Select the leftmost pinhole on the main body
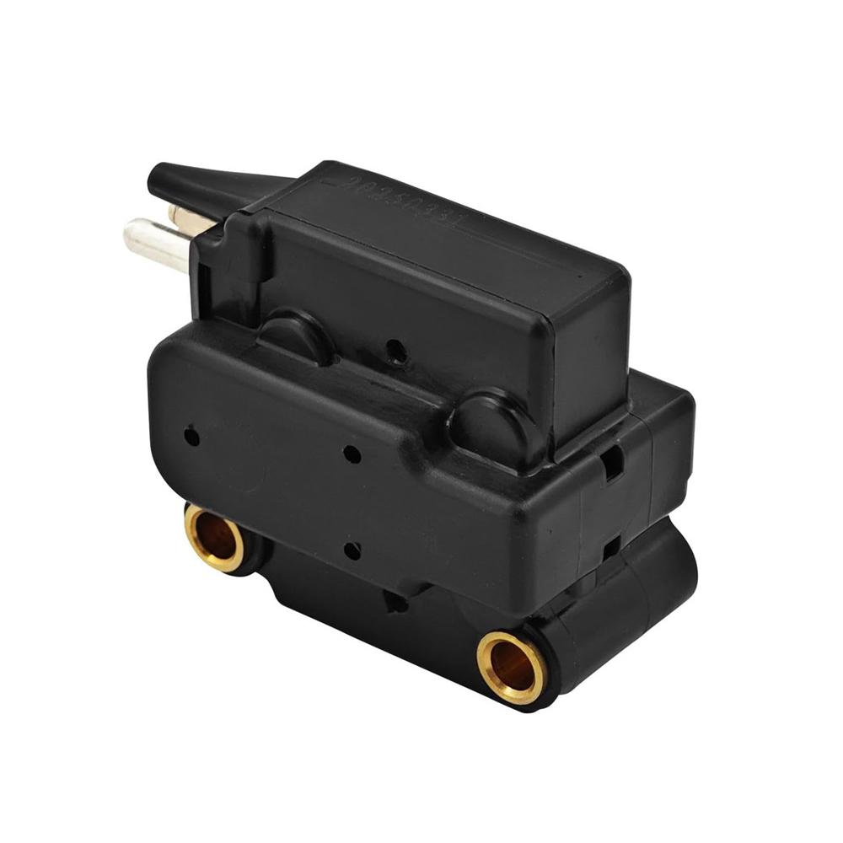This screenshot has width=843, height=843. click(x=192, y=437)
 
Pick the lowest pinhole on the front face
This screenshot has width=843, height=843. click(x=352, y=550)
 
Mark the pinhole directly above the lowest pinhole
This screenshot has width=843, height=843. click(x=352, y=454)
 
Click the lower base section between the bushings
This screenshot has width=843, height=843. click(x=354, y=607)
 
